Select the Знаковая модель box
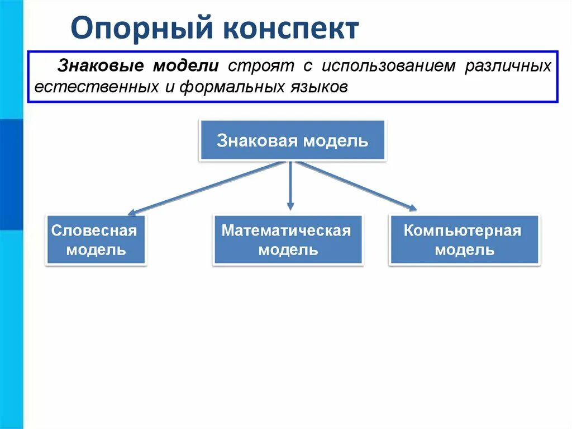click(x=292, y=140)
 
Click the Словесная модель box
click(x=96, y=240)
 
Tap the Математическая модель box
click(x=288, y=240)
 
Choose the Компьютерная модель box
click(x=464, y=240)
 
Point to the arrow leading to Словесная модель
click(x=207, y=187)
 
